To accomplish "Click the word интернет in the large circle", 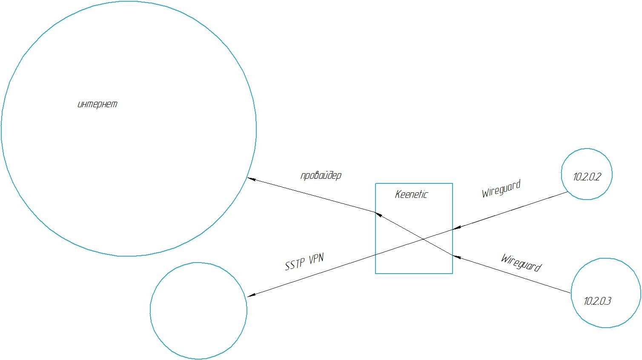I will coord(97,104).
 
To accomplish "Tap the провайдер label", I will coord(321,175).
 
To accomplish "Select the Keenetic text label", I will coord(411,195).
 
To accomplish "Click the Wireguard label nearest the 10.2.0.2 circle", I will coord(501,189).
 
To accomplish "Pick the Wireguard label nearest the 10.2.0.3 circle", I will coord(521,263).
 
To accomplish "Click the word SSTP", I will coord(295,264).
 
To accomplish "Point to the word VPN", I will coord(315,259).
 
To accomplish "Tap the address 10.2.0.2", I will coord(587,177).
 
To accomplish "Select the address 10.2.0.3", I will coord(597,301).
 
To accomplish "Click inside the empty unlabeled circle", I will coord(198,311).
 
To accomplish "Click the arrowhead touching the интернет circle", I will coord(251,179).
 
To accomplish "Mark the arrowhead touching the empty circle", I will coord(251,295).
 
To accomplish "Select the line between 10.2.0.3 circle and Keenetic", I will coord(511,274).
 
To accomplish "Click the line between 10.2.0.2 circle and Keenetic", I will coord(511,211).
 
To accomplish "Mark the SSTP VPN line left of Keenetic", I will coord(311,275).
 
